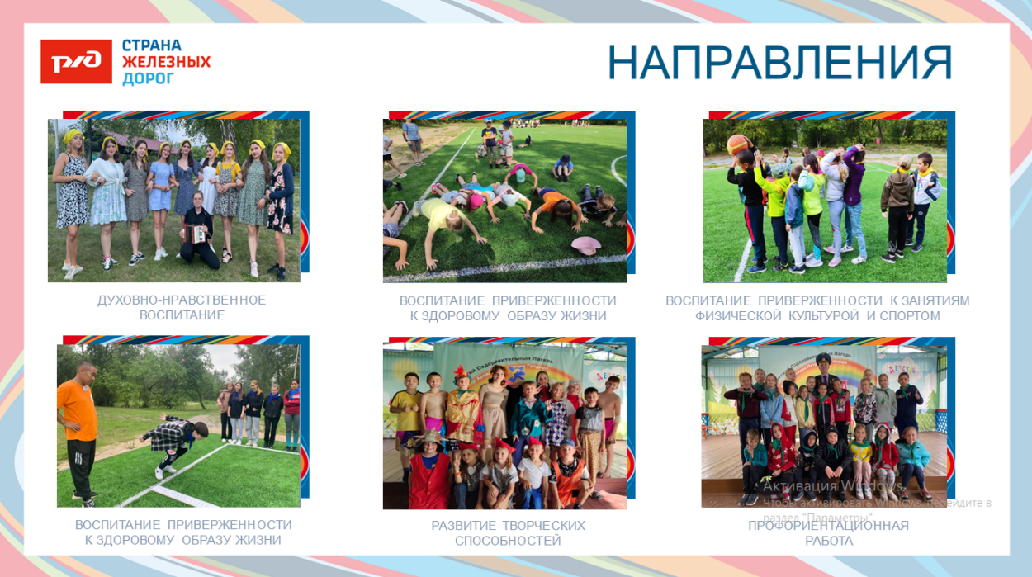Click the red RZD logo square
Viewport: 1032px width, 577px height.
tap(76, 61)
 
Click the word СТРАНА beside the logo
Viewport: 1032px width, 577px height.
tap(152, 45)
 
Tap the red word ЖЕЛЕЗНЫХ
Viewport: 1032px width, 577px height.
tap(166, 62)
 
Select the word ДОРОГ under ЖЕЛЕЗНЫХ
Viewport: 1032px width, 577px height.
tap(149, 78)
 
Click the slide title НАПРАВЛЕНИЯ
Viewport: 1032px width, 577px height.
tap(779, 63)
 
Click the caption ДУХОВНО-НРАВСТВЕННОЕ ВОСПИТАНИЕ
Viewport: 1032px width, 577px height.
tap(182, 307)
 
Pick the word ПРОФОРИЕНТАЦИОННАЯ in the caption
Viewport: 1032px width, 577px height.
tap(828, 526)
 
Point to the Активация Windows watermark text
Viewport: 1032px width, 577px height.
tap(831, 485)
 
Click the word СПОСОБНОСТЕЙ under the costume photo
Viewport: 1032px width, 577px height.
tap(508, 541)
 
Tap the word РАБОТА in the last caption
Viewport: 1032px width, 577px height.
tap(829, 541)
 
